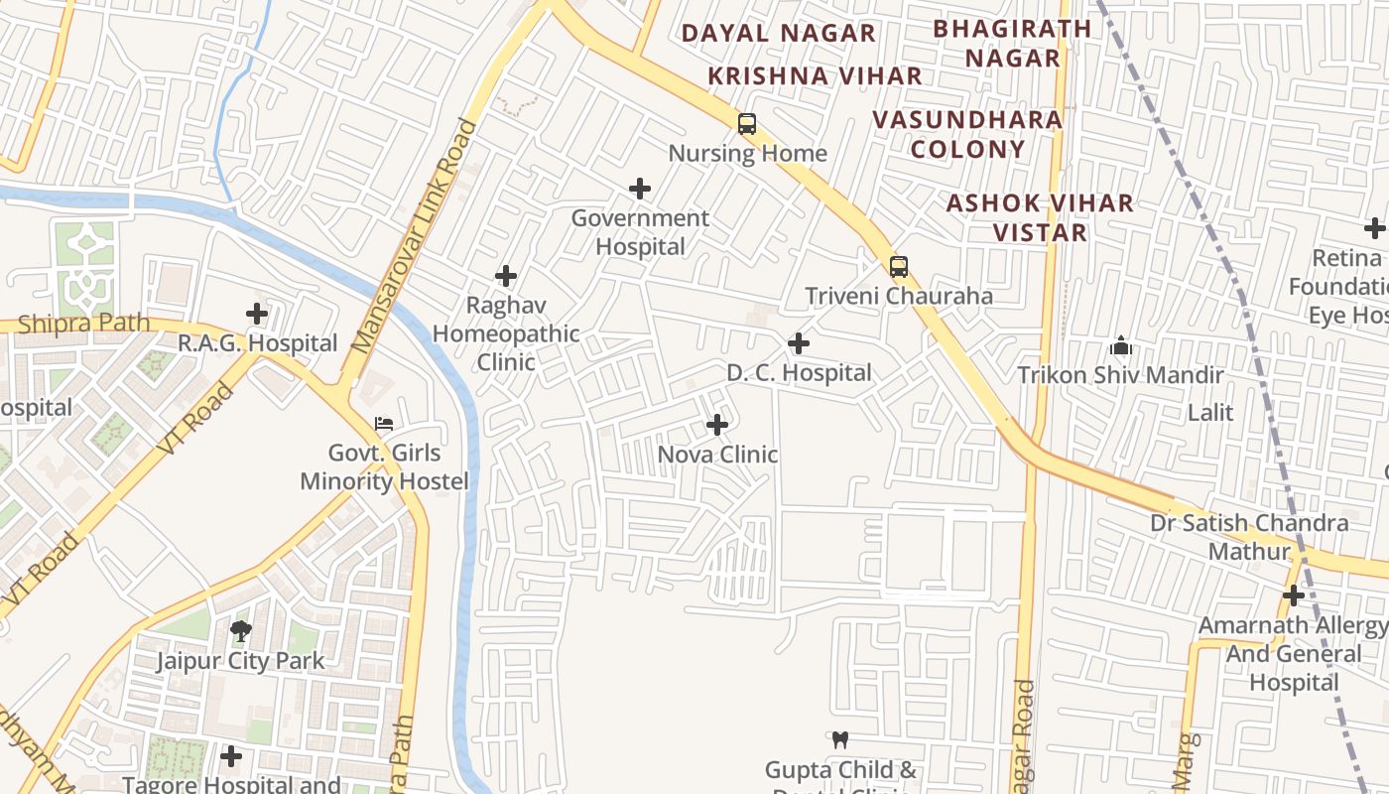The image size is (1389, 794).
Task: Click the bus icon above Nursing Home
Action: [747, 124]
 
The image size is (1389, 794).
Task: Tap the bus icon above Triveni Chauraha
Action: [899, 266]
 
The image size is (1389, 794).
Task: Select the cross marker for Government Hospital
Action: [641, 189]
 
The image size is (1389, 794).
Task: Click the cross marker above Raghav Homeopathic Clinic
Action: [506, 276]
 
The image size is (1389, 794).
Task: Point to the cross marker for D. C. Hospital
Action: [799, 343]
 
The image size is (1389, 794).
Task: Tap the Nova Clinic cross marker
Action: [717, 425]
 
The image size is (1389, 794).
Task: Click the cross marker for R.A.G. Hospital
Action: [257, 314]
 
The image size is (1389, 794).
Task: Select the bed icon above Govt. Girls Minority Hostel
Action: [384, 424]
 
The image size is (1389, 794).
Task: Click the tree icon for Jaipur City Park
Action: [240, 630]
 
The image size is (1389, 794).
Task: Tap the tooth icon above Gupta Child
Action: [840, 739]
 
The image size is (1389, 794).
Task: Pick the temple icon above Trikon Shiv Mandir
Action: [1121, 345]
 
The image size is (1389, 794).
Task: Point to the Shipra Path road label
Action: [84, 323]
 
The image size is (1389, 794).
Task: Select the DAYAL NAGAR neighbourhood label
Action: [778, 33]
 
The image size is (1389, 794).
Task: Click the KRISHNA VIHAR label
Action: [815, 75]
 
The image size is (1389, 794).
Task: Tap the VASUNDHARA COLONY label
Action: [967, 134]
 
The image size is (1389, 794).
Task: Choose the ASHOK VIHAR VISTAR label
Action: [1040, 217]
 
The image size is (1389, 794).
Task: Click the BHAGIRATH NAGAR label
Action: [1013, 43]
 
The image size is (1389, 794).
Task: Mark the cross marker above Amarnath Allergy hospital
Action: [1294, 595]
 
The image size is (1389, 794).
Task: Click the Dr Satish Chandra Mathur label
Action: [1249, 536]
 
